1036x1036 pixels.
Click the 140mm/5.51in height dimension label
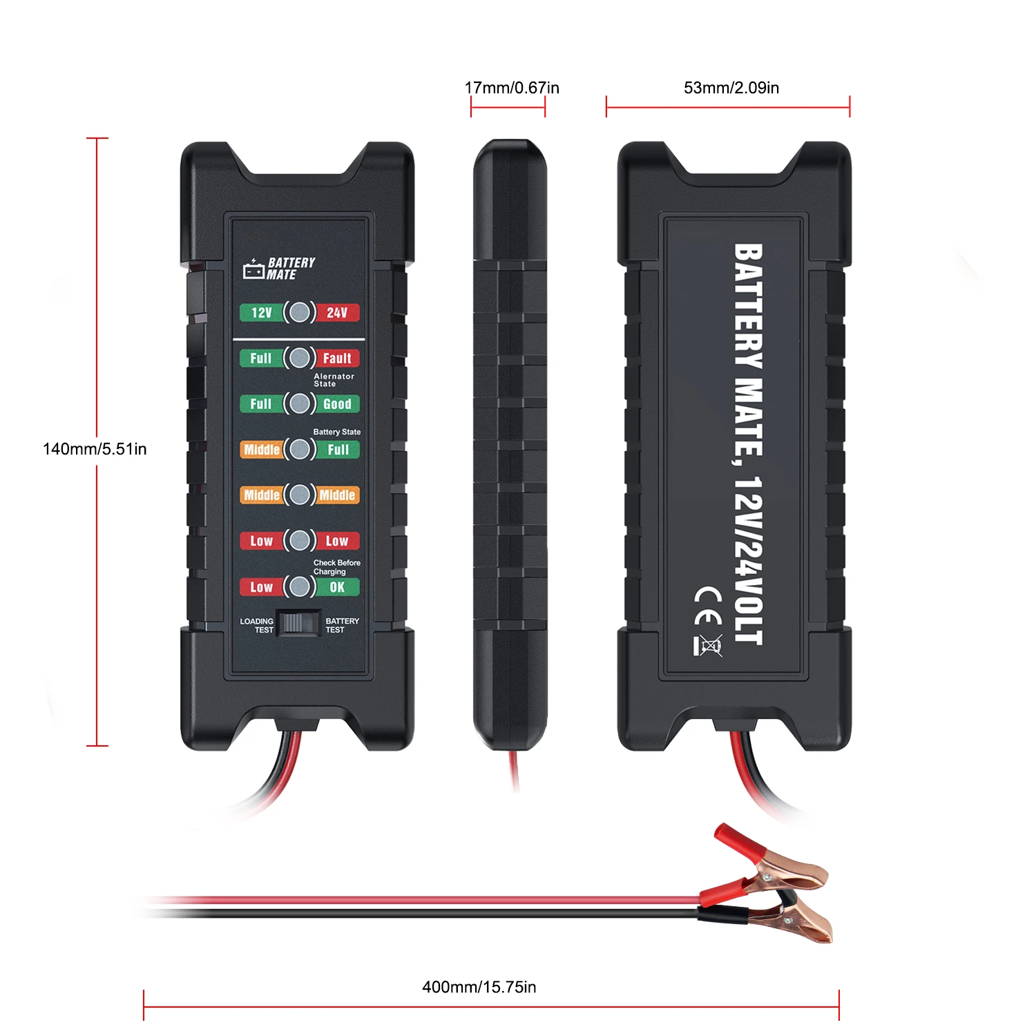pos(95,449)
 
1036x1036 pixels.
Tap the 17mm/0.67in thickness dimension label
pos(512,88)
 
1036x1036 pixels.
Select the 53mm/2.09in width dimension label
pos(731,88)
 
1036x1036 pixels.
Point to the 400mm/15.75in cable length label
pos(479,987)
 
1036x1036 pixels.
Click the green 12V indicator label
pos(261,313)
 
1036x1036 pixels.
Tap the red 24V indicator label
pos(337,313)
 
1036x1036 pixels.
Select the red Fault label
pos(337,358)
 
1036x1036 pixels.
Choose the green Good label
pos(337,404)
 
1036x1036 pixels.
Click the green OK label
pos(337,587)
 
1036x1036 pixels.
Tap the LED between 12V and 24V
pos(299,313)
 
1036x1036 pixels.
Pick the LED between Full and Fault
pos(299,358)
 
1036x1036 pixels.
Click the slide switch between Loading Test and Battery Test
pos(298,623)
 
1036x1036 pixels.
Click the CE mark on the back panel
pos(708,606)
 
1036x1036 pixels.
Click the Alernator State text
pos(334,381)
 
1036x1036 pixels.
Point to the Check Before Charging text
pos(336,567)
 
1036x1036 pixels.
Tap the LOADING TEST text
pos(257,625)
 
